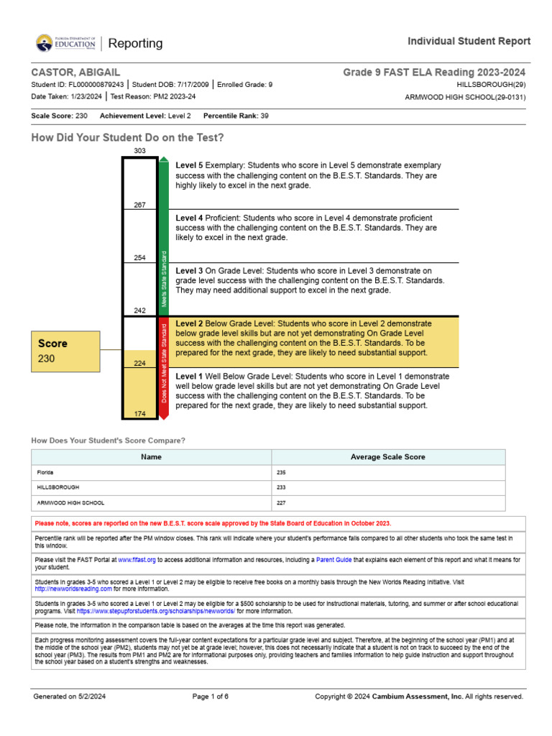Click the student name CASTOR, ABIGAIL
click(x=75, y=73)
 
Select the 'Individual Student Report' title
click(x=469, y=41)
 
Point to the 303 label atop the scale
click(x=139, y=150)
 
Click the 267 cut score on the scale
click(x=139, y=205)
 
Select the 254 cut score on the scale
click(x=139, y=257)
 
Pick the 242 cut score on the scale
click(x=139, y=310)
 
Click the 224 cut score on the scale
click(x=139, y=363)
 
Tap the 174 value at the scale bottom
click(x=139, y=414)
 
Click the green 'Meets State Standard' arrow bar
click(x=164, y=237)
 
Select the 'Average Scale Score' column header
click(x=387, y=457)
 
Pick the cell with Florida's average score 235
click(x=387, y=473)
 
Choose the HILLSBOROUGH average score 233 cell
click(x=387, y=488)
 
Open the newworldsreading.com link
click(x=73, y=589)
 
